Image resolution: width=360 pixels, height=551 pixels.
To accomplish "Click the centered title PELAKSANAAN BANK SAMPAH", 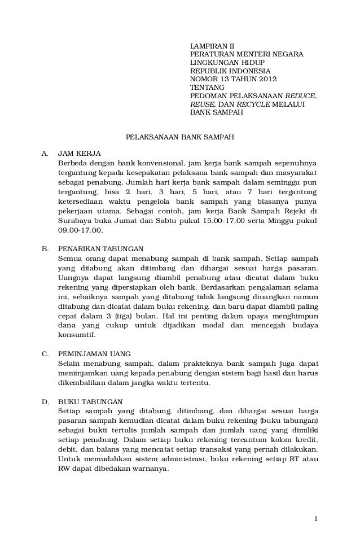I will coord(179,137).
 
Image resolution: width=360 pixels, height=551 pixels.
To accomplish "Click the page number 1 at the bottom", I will coord(317,519).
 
